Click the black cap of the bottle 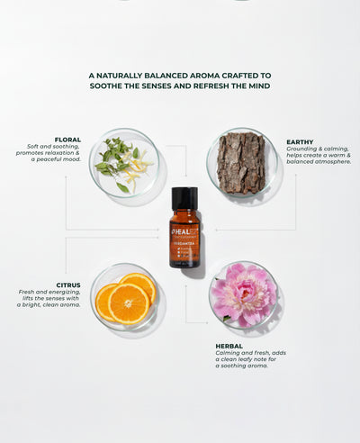tap(184, 198)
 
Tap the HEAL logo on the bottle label tap(180, 231)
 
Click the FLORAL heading tap(67, 140)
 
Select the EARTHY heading tap(300, 141)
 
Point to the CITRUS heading tap(68, 285)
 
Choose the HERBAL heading tap(229, 346)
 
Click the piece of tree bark tap(240, 163)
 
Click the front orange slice tap(129, 303)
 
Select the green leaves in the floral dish tap(113, 157)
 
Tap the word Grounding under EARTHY tap(303, 149)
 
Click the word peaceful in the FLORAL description tap(46, 159)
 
